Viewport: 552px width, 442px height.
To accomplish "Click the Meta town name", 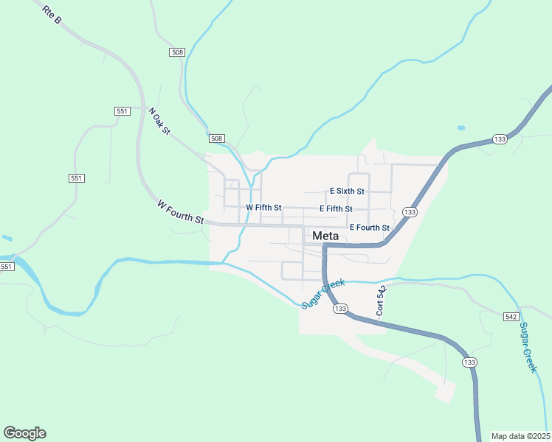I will click(x=325, y=236).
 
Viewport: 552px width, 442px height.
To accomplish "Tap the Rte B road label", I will click(x=52, y=16).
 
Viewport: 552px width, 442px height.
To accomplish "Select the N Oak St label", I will click(x=159, y=122).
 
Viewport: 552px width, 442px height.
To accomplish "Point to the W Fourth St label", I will click(x=180, y=211).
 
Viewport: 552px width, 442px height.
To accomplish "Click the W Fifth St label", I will click(x=263, y=208).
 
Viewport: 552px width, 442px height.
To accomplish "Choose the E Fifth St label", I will click(x=336, y=208).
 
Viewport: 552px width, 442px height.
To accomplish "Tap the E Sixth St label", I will click(x=347, y=191).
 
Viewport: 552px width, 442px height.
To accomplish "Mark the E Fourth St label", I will click(x=369, y=228).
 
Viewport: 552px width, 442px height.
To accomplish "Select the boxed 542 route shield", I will click(x=511, y=316).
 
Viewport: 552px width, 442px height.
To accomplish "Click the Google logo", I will click(x=24, y=433).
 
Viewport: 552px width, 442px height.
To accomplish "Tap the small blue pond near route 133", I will click(x=461, y=127).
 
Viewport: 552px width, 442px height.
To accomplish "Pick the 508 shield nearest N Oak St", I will click(x=216, y=138).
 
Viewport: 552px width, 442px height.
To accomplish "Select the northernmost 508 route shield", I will click(x=176, y=52).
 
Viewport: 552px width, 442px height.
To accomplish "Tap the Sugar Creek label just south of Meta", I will click(x=322, y=293).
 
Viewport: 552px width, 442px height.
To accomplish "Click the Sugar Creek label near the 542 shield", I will click(x=529, y=347).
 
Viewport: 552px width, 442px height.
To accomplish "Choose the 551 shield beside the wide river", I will click(x=7, y=266).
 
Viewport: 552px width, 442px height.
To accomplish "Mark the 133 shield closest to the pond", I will click(x=500, y=139).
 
